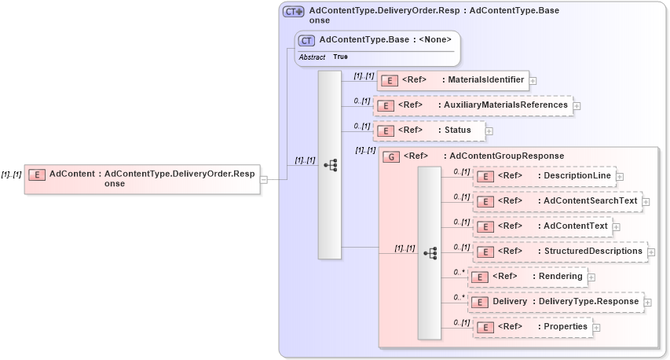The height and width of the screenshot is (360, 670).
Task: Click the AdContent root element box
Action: click(x=141, y=178)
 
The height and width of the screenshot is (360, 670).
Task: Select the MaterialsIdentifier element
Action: click(x=453, y=80)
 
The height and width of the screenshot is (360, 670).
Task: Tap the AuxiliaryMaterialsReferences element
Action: click(x=473, y=105)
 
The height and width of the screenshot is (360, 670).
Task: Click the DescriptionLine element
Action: click(x=544, y=176)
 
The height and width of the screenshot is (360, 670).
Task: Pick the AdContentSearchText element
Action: click(x=557, y=201)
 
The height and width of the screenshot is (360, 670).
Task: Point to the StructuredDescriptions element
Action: click(x=560, y=252)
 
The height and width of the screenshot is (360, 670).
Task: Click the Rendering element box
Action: click(x=527, y=277)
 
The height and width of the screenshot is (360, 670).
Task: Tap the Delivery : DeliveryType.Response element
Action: click(x=555, y=302)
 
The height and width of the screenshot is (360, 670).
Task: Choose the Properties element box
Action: click(x=533, y=327)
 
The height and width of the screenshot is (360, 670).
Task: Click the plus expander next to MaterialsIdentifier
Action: click(x=533, y=80)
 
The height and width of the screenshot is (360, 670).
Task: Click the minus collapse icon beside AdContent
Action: click(x=264, y=179)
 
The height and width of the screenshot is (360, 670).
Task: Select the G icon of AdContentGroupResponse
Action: click(x=391, y=156)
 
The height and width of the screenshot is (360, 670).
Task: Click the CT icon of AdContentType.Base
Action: click(x=306, y=40)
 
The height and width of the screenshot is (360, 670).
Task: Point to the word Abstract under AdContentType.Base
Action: click(x=312, y=57)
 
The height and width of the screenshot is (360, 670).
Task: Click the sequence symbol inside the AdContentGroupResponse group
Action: click(x=430, y=253)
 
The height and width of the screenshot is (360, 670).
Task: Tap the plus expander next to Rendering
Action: click(x=591, y=277)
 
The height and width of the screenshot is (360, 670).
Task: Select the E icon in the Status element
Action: click(x=385, y=131)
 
